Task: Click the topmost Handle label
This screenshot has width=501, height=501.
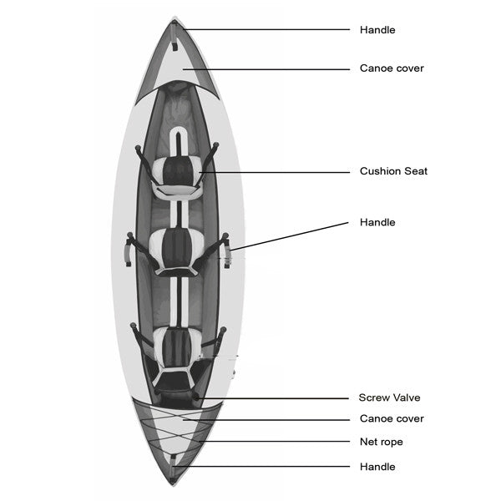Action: tap(377, 30)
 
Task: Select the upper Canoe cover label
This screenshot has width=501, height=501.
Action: tap(392, 68)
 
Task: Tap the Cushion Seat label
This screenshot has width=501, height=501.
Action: tap(393, 171)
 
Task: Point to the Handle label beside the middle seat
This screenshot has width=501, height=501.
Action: tap(377, 223)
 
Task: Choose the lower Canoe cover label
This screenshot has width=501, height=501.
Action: tap(392, 418)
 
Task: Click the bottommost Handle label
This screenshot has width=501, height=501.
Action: tap(377, 467)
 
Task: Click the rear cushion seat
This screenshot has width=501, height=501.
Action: tap(177, 344)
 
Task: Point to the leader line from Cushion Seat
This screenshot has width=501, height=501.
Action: tap(276, 172)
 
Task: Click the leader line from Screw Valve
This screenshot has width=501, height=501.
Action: tap(276, 398)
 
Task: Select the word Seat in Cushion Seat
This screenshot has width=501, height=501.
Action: tap(416, 171)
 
